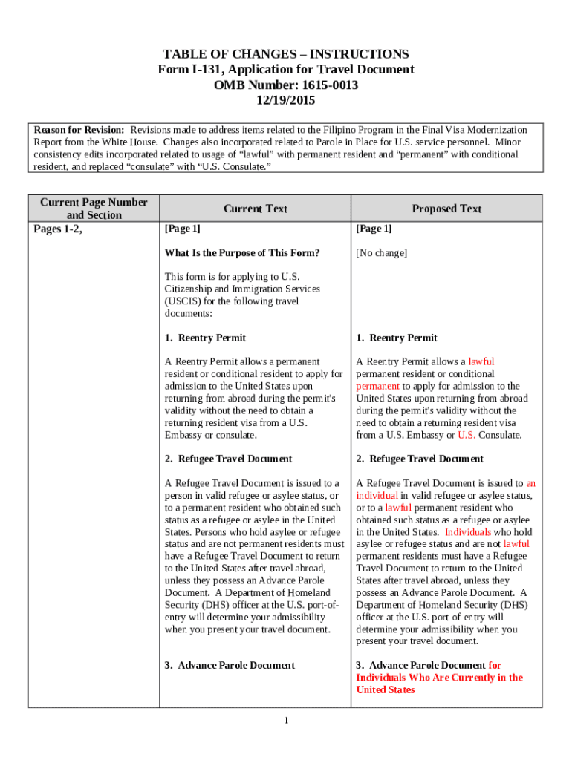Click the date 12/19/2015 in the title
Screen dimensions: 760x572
click(x=286, y=100)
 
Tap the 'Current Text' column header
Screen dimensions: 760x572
click(x=255, y=209)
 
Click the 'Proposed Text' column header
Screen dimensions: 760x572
click(x=446, y=209)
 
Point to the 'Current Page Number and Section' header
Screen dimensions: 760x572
click(x=94, y=209)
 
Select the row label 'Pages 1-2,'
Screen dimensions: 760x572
click(x=59, y=229)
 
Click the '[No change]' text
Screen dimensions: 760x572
click(x=381, y=253)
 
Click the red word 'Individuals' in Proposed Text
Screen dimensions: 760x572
click(x=468, y=532)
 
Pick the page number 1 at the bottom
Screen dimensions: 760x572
click(x=286, y=721)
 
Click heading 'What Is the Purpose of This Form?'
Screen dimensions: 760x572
click(x=242, y=253)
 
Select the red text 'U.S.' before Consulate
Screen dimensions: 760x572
click(x=467, y=435)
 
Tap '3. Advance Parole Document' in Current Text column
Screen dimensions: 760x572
click(x=230, y=665)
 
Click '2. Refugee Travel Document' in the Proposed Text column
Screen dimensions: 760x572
click(x=420, y=459)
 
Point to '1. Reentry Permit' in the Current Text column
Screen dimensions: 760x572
click(x=205, y=338)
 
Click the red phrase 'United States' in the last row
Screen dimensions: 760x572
click(x=385, y=689)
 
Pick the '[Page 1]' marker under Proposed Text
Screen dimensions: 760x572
click(x=374, y=229)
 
